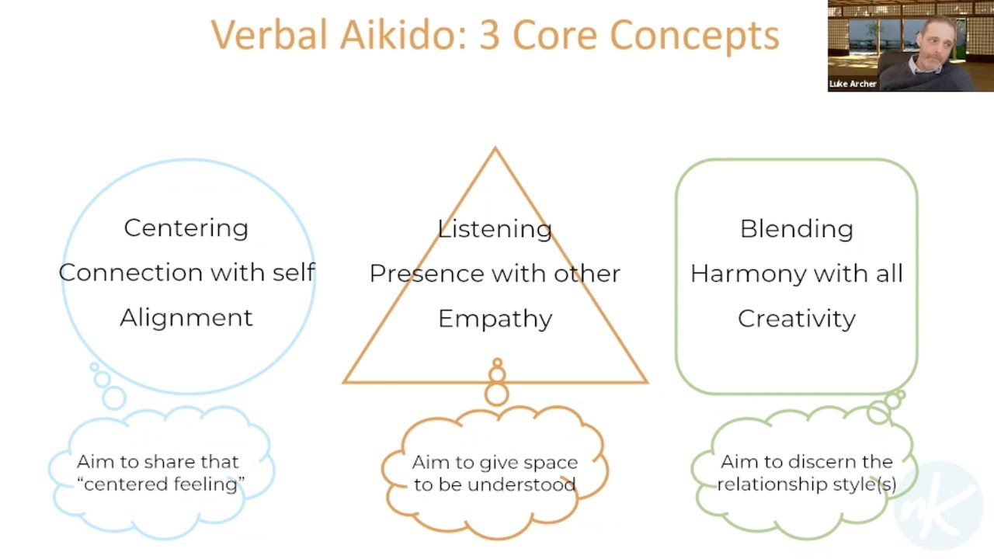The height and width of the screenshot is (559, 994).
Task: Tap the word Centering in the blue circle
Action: pos(186,227)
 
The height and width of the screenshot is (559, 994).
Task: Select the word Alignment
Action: pos(186,318)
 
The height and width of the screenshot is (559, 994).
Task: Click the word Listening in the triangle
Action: pos(495,228)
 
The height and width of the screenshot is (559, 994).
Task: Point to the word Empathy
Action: pos(495,319)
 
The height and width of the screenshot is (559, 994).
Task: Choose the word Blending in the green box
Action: pos(796,228)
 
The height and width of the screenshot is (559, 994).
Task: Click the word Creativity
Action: pos(796,318)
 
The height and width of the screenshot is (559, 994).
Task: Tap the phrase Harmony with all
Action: pos(796,273)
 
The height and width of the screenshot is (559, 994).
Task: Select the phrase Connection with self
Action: pos(186,273)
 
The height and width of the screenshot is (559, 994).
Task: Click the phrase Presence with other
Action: pos(495,273)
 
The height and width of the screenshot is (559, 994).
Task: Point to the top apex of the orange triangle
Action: pos(495,150)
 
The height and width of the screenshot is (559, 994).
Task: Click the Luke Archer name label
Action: pos(853,84)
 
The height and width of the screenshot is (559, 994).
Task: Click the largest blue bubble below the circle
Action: pos(114,398)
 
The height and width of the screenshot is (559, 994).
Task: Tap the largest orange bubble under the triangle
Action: pos(497,394)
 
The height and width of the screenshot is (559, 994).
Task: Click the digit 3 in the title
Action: pos(489,35)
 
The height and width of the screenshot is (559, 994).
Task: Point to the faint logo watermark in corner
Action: pos(944,509)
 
